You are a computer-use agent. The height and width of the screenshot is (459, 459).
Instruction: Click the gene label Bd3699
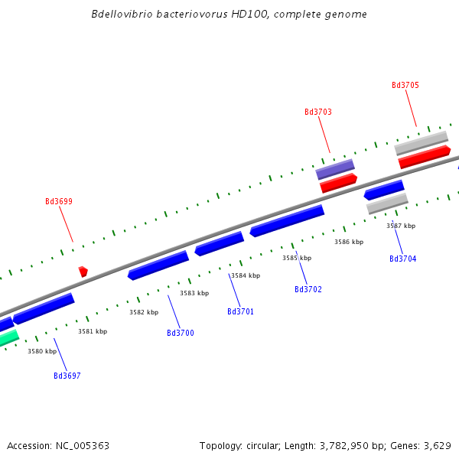coord(59,202)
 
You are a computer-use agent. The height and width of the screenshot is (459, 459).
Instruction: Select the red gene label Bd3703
coord(318,112)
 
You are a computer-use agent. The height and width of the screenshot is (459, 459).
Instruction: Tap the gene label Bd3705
coord(405,86)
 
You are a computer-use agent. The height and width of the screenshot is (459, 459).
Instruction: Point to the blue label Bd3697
coord(67,376)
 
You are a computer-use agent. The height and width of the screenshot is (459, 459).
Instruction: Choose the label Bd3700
coord(181,333)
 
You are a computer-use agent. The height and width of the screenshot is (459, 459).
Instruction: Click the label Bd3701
coord(240,311)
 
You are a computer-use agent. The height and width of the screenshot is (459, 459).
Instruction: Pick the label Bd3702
coord(308,289)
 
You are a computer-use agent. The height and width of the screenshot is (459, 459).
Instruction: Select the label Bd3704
coord(402,259)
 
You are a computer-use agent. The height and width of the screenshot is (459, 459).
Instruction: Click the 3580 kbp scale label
coord(42,351)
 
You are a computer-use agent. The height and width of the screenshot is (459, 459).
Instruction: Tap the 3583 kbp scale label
coord(194,293)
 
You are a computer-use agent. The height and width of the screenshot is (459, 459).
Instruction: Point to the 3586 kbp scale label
coord(349,242)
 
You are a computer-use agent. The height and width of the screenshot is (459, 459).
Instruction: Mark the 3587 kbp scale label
coord(401,226)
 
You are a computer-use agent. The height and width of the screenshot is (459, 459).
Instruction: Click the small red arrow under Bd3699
coord(83,271)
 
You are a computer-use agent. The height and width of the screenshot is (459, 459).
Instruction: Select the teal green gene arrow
coord(8,337)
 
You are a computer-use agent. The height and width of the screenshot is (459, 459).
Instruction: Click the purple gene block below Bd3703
coord(335,168)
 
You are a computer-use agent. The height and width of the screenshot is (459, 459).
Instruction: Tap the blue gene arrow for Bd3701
coord(220,243)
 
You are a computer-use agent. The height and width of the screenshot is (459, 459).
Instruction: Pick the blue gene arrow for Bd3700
coord(158,265)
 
